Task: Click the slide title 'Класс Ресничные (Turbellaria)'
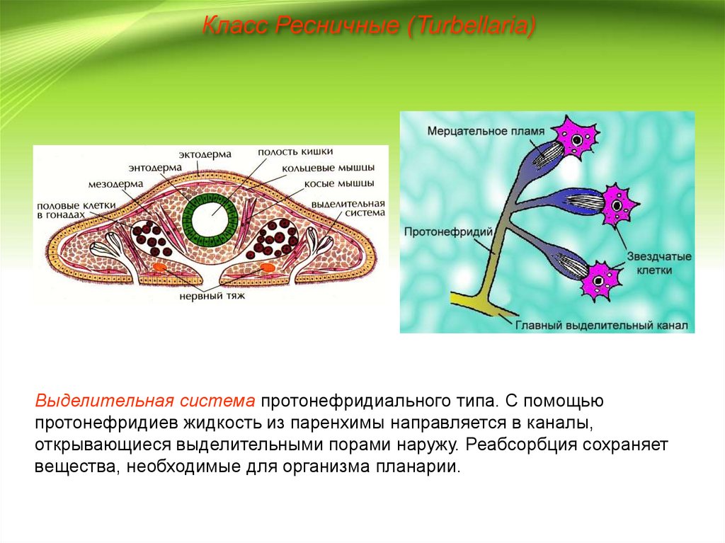point(368,28)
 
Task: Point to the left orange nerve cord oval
point(159,268)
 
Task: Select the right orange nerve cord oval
point(267,268)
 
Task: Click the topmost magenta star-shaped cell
point(577,138)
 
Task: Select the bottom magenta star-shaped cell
point(599,280)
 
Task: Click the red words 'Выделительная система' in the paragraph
point(145,401)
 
